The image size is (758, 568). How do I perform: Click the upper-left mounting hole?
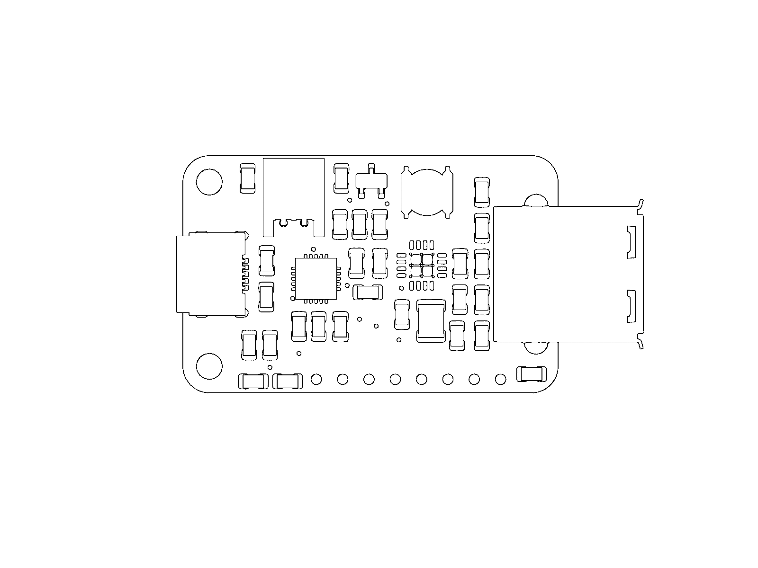point(209,182)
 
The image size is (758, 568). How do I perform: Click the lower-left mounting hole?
point(209,366)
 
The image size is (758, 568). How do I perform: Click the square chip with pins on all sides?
point(316,278)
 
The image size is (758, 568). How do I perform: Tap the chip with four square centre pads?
point(422,265)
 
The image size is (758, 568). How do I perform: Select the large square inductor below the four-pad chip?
point(431,321)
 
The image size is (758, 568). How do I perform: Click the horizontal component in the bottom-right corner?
point(531,374)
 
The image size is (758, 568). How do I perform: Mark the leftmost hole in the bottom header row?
point(316,379)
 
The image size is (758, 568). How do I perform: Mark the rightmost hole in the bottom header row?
point(500,379)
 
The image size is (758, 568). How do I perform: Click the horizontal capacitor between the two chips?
point(368,292)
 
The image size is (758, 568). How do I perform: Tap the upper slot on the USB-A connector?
point(631,242)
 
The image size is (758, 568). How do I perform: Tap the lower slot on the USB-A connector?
point(631,307)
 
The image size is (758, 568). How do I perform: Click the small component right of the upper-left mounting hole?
point(248,178)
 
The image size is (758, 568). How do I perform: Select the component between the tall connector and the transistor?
point(341,178)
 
